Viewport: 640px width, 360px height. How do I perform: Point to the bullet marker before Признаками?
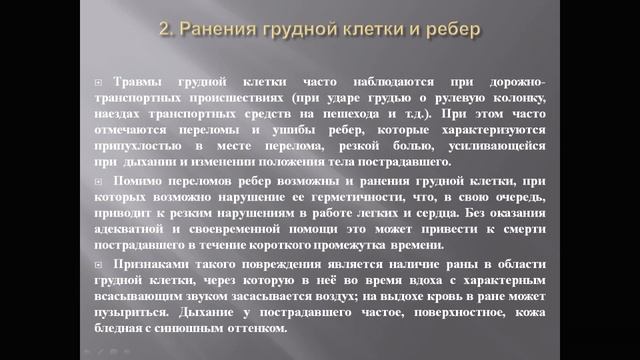coord(96,263)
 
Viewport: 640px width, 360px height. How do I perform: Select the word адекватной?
coord(128,229)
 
